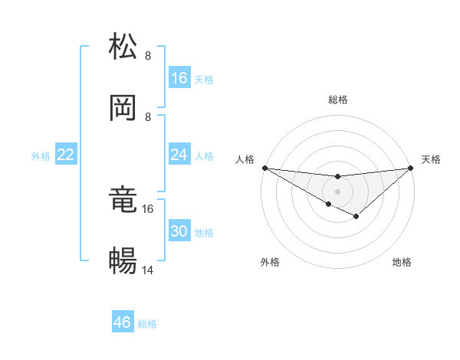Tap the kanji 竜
pos(123,201)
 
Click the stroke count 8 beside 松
pos(148,55)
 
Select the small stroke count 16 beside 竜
pos(149,208)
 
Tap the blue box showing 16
pos(179,78)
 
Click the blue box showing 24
pos(179,155)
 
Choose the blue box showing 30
pos(179,231)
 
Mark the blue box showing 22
pos(66,155)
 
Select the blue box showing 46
pos(123,322)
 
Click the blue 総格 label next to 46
pos(147,324)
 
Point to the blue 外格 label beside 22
pos(41,155)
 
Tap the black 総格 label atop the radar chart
pos(338,100)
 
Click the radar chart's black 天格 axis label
pos(431,159)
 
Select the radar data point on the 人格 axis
pos(264,168)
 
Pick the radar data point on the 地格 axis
pos(356,217)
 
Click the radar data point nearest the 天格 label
pos(411,168)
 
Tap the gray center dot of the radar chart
pos(338,191)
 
